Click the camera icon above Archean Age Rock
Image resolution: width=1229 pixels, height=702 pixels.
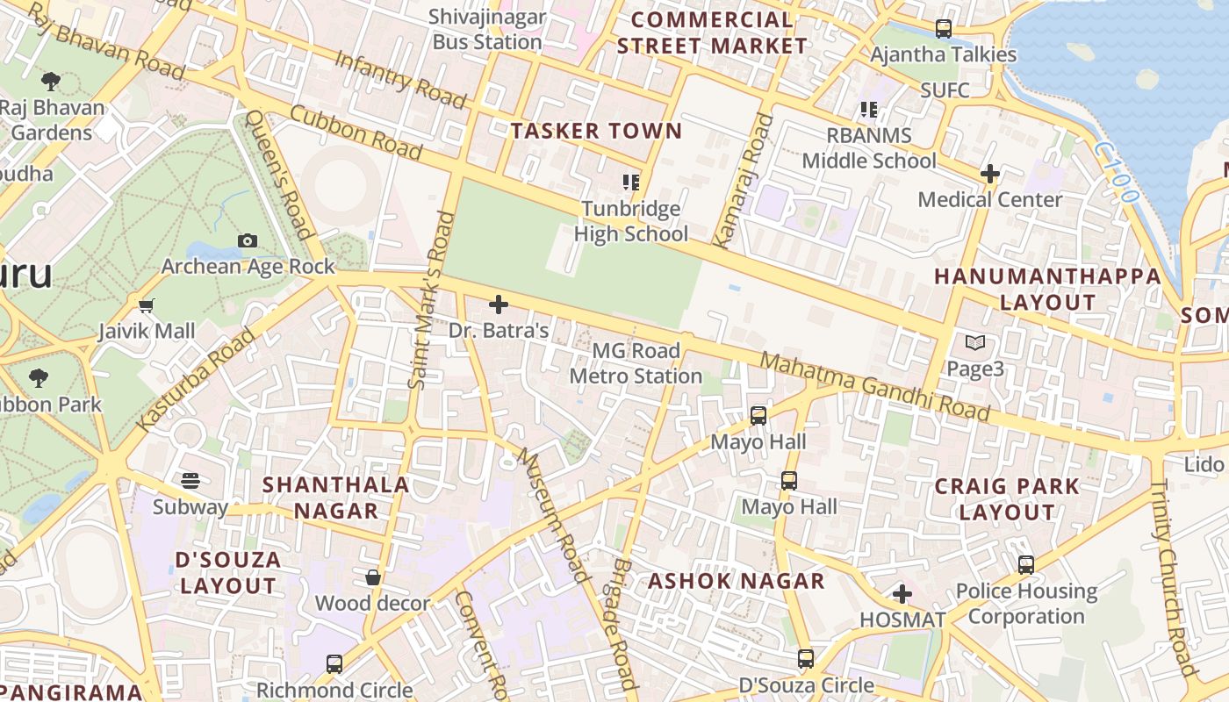pos(248,240)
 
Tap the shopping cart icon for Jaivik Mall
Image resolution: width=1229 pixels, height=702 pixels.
pos(147,305)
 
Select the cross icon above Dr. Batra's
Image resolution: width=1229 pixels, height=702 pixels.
pos(499,304)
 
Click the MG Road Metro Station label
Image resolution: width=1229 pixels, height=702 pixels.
pos(636,363)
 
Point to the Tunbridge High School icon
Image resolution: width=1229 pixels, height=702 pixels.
pos(630,183)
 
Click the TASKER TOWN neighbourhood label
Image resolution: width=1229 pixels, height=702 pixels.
pos(596,132)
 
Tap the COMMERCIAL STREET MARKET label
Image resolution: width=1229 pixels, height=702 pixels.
pos(711,32)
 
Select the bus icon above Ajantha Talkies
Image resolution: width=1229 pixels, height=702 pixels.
pos(944,29)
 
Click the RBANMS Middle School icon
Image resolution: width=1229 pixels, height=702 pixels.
pos(868,110)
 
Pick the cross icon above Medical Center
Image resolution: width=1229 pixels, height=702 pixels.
pos(990,174)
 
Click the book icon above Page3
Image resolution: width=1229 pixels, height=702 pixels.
pos(974,343)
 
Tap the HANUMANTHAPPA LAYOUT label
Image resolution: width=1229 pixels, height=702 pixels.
pos(1047,289)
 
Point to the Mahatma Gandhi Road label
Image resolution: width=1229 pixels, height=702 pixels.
pos(874,387)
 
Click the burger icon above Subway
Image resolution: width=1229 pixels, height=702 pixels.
pos(190,480)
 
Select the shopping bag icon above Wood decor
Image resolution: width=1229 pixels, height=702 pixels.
pos(373,577)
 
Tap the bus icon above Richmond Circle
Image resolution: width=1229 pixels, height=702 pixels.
pos(334,664)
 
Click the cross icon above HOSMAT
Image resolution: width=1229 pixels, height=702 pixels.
pos(902,594)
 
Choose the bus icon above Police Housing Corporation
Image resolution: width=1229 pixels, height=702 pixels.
pos(1026,565)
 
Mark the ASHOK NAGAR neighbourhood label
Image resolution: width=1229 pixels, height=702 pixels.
pos(736,581)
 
